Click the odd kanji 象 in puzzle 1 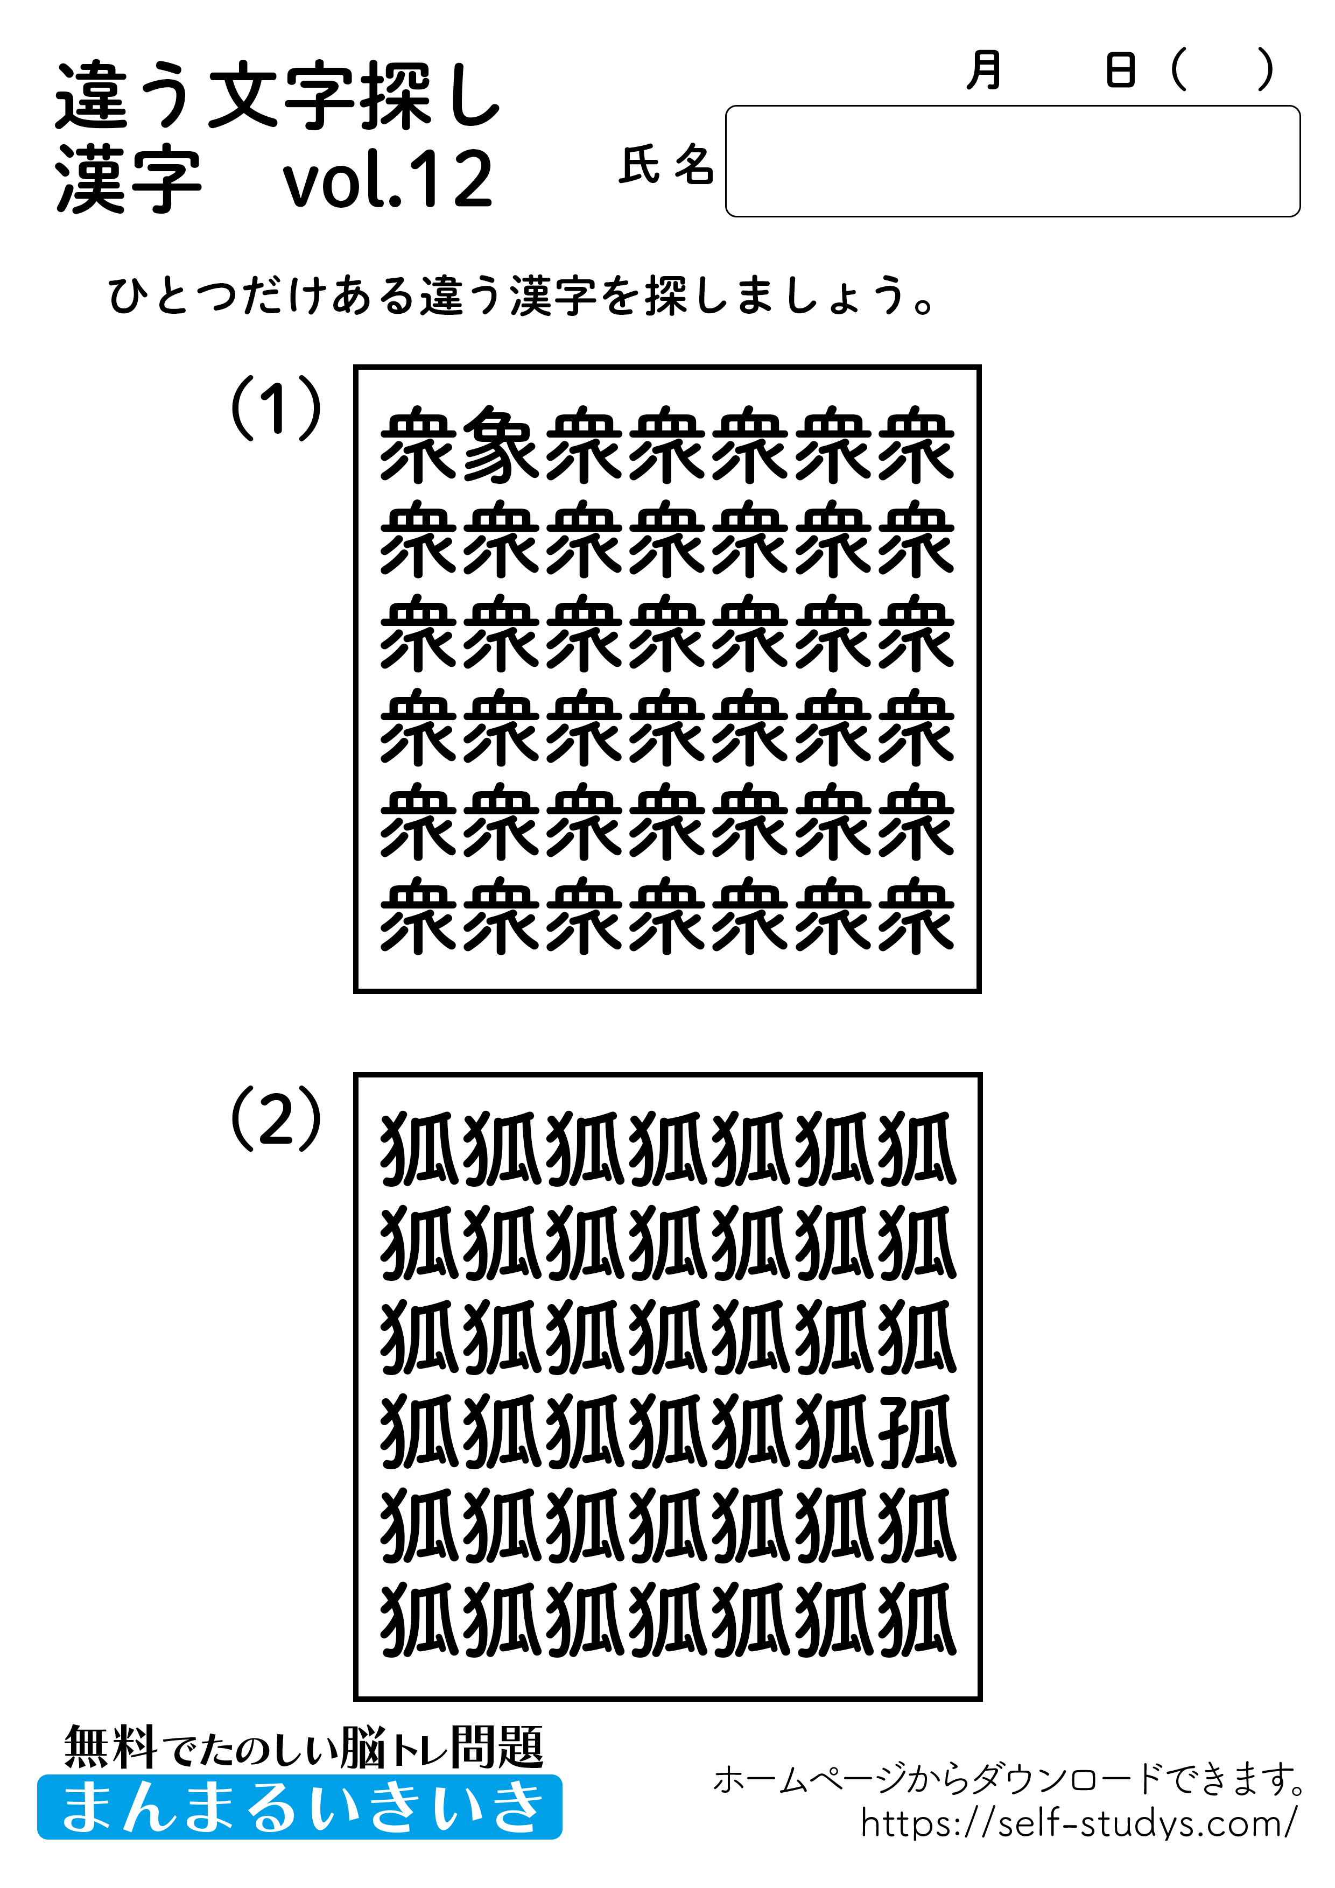[501, 444]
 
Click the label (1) [276, 408]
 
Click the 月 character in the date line [984, 70]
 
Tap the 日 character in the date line [1120, 70]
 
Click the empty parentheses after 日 [1222, 70]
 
